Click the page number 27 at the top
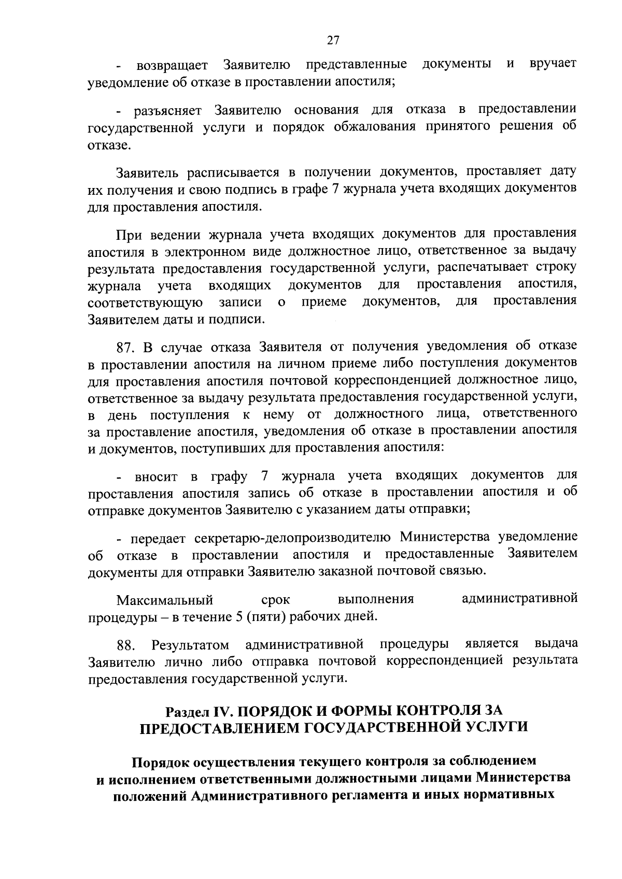pos(333,40)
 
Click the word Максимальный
pos(165,600)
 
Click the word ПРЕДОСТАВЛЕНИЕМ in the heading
pos(220,727)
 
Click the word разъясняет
pos(170,110)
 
